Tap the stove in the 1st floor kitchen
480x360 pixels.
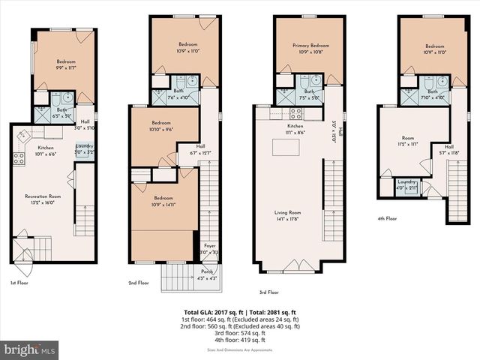click(x=19, y=157)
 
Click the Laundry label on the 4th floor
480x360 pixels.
click(x=408, y=184)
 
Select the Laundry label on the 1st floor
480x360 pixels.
click(x=84, y=148)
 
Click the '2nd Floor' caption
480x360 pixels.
click(x=139, y=283)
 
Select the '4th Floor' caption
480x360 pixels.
click(x=388, y=219)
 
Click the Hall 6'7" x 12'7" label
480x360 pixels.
click(x=200, y=149)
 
